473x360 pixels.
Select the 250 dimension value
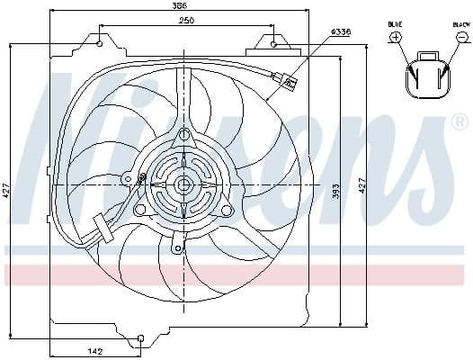(185, 20)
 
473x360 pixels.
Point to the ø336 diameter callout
(341, 32)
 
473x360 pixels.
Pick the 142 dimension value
(95, 350)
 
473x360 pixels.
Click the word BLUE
(396, 23)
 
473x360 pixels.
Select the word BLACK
(460, 23)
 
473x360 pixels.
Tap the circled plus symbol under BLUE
(396, 37)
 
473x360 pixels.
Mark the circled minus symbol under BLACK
(460, 37)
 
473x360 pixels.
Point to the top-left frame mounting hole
(100, 42)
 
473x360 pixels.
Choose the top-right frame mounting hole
(273, 41)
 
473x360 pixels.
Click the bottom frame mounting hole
(140, 338)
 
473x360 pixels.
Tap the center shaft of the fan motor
(183, 184)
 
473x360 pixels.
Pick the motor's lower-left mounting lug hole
(140, 210)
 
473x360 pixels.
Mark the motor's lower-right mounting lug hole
(227, 210)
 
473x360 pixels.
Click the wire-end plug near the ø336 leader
(289, 82)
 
